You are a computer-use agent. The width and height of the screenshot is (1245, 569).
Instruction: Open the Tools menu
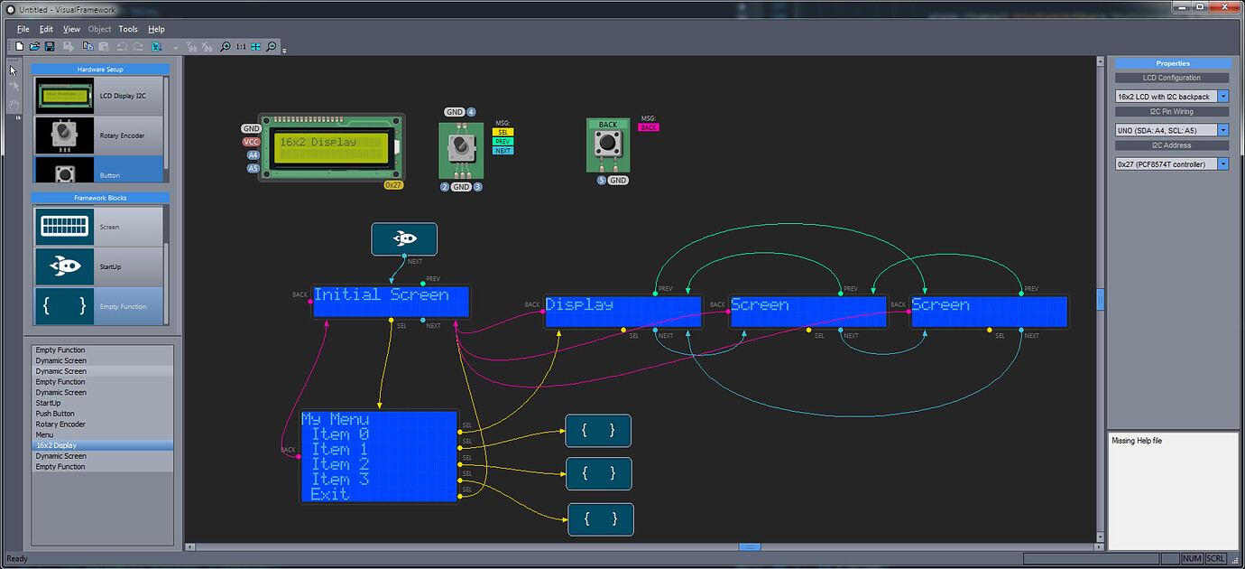tap(128, 29)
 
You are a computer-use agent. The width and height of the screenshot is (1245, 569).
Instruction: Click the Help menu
tap(156, 29)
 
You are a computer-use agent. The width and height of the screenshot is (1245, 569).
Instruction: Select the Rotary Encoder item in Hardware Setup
tap(100, 135)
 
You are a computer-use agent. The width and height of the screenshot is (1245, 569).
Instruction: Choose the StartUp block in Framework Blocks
tap(100, 266)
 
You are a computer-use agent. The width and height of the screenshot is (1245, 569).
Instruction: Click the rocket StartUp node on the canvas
tap(404, 239)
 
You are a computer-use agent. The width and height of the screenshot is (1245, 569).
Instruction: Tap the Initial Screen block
tap(391, 302)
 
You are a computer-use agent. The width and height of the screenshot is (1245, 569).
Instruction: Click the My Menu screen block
tap(379, 456)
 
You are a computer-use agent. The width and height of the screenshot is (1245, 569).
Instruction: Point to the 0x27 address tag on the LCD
tap(393, 184)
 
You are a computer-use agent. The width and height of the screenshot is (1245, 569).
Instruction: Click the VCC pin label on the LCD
tap(251, 142)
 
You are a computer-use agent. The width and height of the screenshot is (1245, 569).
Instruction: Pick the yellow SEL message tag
tap(503, 133)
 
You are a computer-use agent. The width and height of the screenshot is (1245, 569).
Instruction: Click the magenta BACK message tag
tap(648, 127)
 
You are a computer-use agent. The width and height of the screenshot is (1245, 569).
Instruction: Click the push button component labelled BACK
tap(608, 145)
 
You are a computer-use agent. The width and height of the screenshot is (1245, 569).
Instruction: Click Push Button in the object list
tap(55, 414)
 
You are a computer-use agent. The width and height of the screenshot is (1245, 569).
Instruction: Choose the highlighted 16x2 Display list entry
tap(57, 445)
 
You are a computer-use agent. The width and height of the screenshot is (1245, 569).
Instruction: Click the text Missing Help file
tap(1137, 441)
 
